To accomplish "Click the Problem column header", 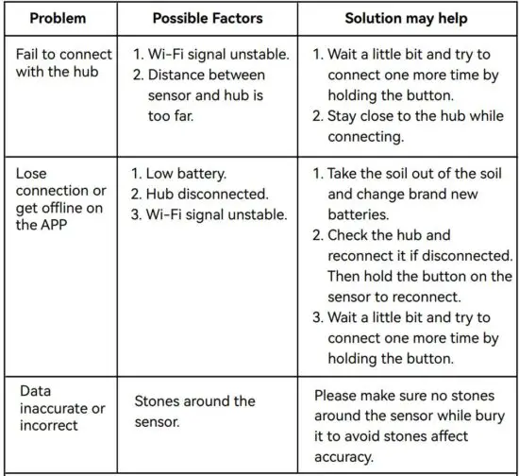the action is point(58,18).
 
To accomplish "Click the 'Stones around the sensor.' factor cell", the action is point(194,411).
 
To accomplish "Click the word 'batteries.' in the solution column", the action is point(362,214).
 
